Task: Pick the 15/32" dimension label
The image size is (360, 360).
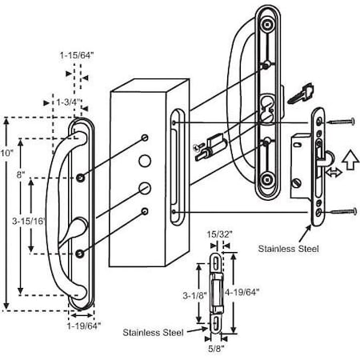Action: pos(219,235)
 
